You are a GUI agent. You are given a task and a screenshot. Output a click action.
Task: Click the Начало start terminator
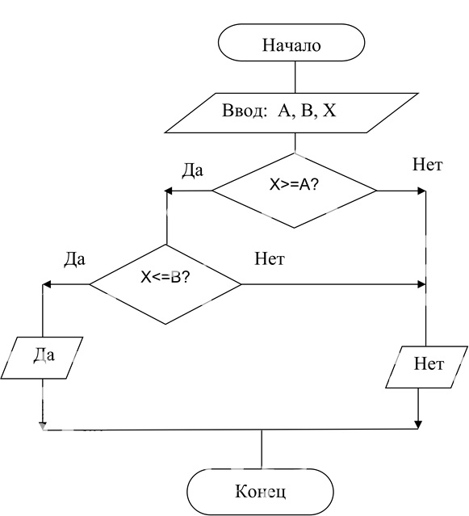click(291, 43)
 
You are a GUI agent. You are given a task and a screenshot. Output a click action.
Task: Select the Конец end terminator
click(260, 492)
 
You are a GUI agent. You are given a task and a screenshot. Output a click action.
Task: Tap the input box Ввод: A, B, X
click(291, 113)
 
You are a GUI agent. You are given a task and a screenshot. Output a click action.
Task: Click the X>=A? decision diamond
click(295, 191)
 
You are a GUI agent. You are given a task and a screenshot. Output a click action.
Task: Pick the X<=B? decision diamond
click(165, 284)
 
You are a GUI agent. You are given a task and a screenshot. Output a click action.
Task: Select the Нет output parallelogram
click(426, 367)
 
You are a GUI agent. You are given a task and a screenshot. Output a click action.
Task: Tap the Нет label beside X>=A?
click(428, 164)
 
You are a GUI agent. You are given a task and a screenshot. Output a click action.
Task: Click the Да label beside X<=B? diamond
click(74, 259)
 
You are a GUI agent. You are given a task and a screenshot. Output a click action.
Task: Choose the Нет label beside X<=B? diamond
click(270, 258)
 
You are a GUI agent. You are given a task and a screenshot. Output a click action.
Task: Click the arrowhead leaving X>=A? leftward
click(168, 191)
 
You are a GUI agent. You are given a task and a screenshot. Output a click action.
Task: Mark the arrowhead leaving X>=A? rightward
click(422, 191)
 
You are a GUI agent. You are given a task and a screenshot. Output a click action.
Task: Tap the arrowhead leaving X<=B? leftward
click(47, 284)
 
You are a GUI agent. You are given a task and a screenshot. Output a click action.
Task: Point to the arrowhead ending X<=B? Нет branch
click(421, 284)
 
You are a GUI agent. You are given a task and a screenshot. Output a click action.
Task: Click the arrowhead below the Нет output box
click(418, 425)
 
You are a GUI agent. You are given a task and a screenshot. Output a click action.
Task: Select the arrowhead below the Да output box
click(43, 426)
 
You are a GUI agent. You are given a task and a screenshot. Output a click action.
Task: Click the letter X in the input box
click(329, 111)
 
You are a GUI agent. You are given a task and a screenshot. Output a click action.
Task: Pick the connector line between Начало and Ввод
click(295, 77)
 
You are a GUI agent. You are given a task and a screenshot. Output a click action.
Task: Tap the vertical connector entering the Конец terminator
click(262, 449)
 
